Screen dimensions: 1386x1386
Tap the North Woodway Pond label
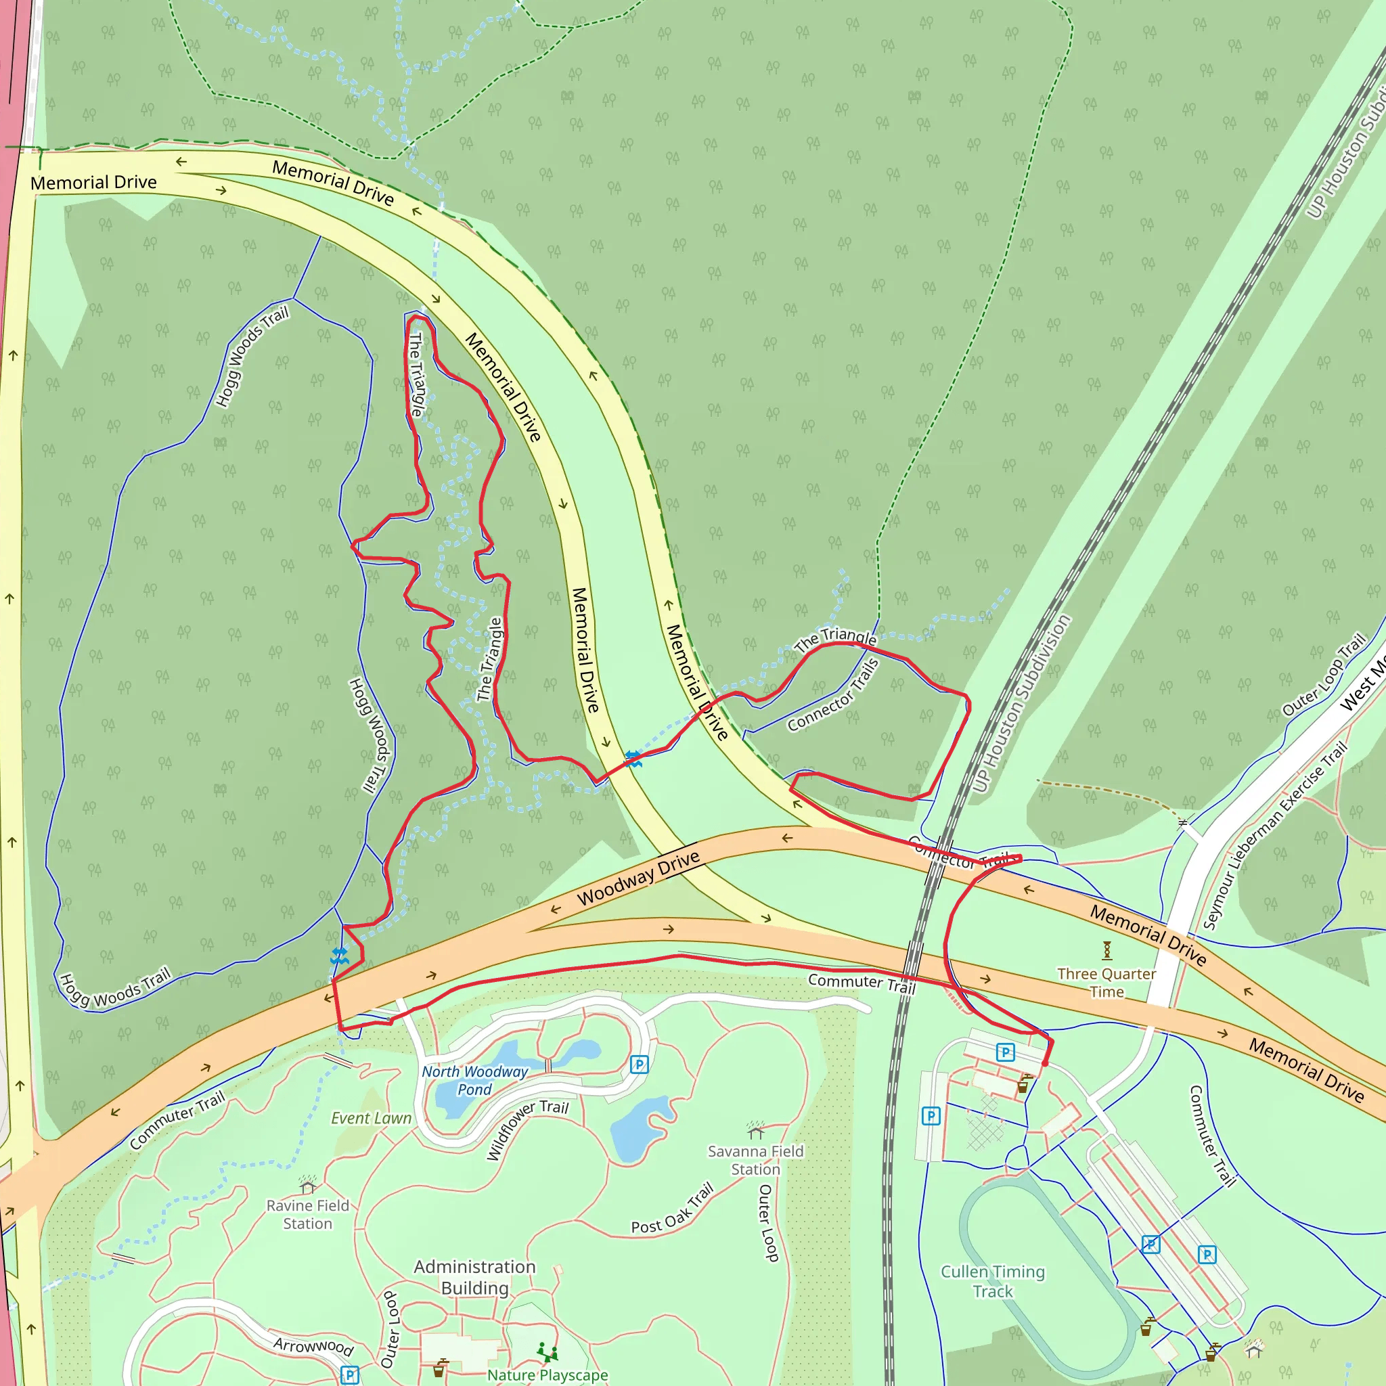pos(475,1080)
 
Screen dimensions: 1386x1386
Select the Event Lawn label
pos(371,1119)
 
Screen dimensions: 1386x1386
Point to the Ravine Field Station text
pos(308,1215)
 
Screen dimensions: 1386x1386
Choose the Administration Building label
pos(475,1277)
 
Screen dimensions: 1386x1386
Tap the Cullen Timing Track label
pos(993,1281)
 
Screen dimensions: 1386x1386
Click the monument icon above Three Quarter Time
pos(1107,951)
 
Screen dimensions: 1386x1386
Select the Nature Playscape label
pos(547,1375)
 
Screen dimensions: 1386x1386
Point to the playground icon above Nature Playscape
pos(547,1353)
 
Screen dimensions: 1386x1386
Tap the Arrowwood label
pos(313,1346)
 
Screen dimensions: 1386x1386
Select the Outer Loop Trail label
pos(1324,675)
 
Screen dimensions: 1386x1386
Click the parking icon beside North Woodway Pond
pos(639,1065)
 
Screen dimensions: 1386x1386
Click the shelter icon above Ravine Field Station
pos(308,1184)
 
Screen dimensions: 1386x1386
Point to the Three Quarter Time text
pos(1107,983)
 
